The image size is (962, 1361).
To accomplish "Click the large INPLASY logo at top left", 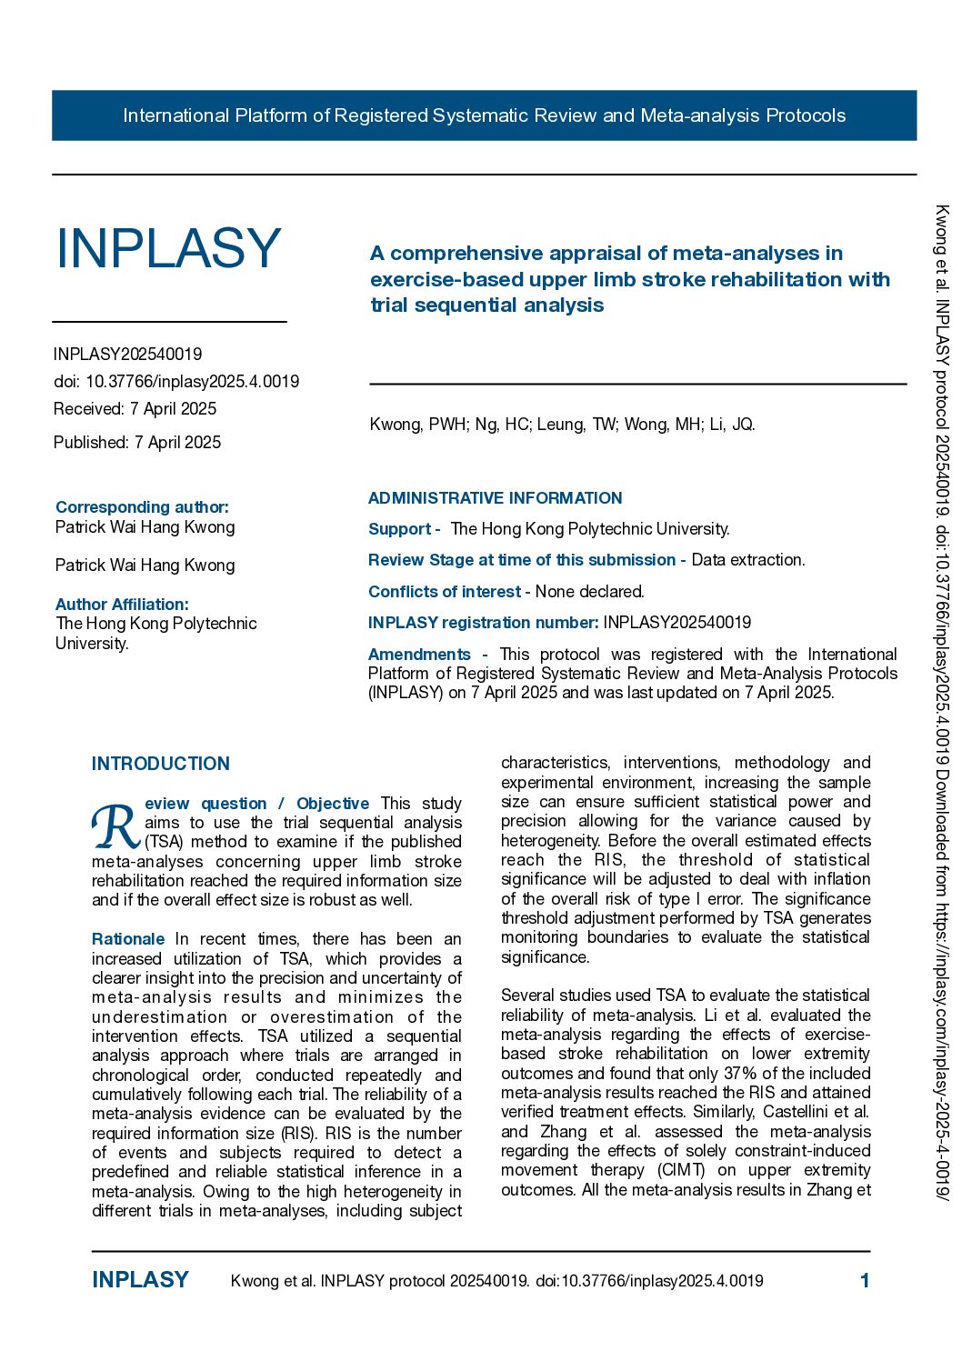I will pos(168,248).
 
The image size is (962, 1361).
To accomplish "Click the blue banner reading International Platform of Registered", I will pos(484,115).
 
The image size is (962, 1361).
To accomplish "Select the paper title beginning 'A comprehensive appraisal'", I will pos(629,279).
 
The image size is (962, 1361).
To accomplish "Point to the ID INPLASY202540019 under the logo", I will pos(127,354).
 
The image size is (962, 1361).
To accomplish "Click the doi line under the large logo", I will pos(176,381).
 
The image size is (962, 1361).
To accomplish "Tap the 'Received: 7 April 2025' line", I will pos(135,408).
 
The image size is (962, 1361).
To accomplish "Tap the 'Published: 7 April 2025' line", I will pos(137,442).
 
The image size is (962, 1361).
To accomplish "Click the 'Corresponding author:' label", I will pos(142,506).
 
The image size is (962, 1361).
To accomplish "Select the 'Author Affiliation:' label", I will pos(122,604).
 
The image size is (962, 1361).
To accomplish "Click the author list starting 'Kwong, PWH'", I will pos(562,424).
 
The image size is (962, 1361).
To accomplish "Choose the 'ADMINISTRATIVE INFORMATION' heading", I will pos(495,497).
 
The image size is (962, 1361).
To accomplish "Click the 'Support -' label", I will pos(404,528).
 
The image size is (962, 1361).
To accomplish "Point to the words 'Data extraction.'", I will pos(747,559).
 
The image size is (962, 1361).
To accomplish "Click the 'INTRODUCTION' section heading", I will pos(161,764).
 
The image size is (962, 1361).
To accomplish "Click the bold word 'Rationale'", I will pos(128,938).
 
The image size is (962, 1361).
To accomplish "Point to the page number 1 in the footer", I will pos(865,1280).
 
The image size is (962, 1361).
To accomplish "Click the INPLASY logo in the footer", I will pos(140,1280).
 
